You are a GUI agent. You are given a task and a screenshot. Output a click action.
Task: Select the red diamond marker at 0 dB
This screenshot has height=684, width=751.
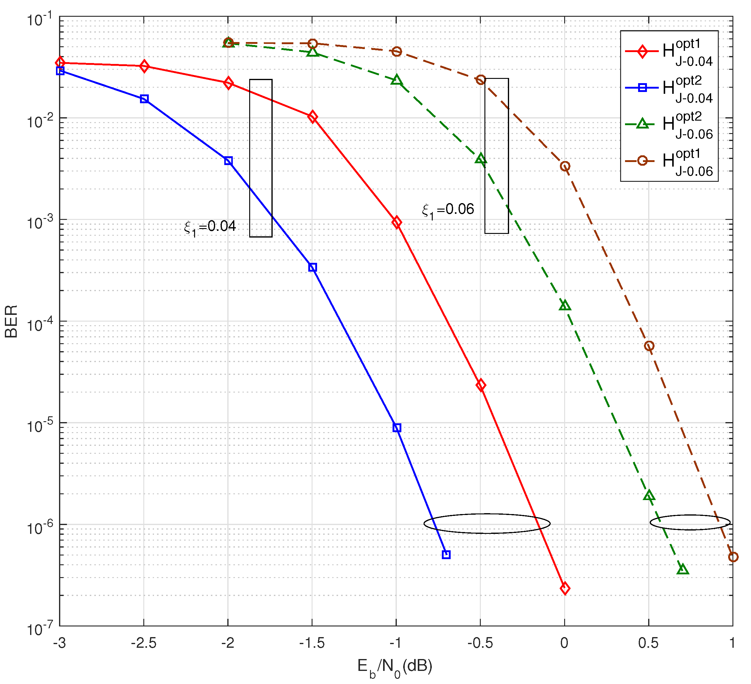[565, 589]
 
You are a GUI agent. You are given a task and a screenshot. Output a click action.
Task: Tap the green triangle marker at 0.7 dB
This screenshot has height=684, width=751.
[683, 569]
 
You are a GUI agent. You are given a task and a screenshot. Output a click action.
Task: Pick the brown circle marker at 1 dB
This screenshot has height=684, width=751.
[733, 557]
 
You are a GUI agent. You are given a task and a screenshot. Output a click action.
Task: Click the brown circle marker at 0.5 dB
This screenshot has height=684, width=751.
[649, 346]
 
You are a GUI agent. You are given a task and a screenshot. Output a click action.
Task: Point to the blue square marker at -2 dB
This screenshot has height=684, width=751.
[228, 161]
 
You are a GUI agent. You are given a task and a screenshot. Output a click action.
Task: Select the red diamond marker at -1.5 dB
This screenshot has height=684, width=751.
[313, 117]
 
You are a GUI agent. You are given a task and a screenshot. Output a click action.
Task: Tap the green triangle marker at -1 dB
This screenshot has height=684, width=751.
[397, 80]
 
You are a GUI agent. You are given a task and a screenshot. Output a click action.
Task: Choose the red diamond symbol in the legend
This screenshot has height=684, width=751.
[642, 51]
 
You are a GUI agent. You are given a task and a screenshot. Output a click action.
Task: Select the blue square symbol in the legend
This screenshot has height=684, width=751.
[642, 88]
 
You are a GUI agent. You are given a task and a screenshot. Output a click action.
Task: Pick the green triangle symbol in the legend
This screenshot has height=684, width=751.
[642, 123]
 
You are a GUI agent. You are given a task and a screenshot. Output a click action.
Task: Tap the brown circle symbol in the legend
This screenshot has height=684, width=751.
[642, 161]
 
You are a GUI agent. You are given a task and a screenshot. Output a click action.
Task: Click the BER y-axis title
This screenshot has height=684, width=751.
[11, 321]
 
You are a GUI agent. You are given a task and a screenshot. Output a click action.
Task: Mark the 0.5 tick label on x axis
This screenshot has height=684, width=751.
[648, 643]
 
